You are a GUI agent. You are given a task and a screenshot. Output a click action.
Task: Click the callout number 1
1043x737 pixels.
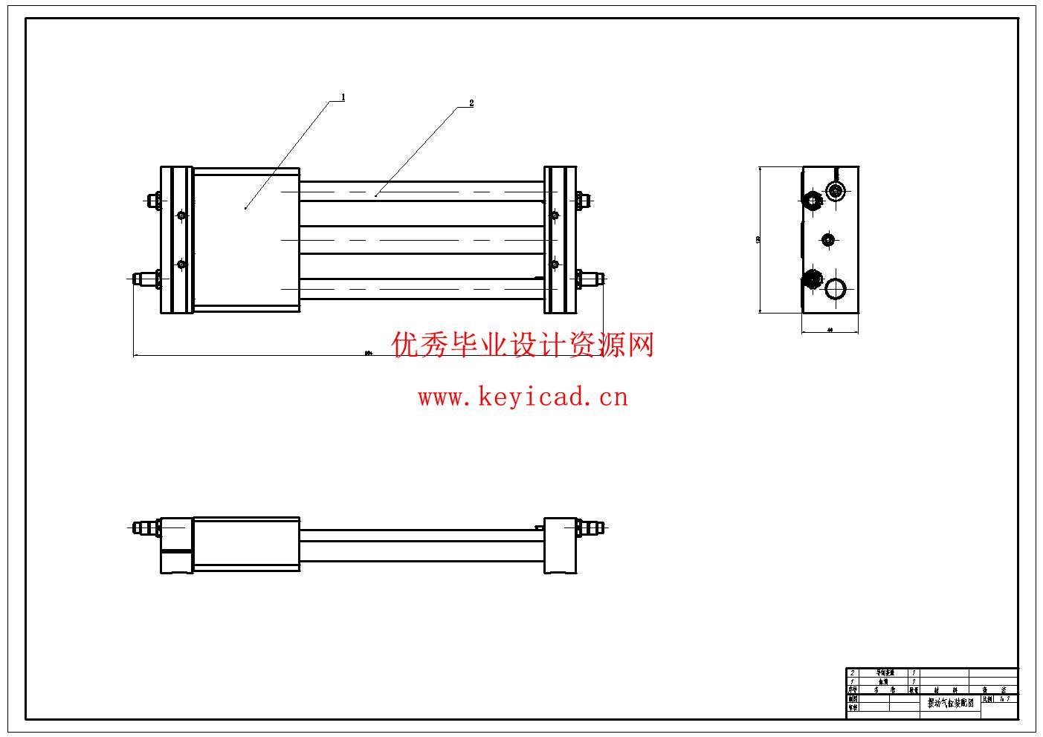click(343, 97)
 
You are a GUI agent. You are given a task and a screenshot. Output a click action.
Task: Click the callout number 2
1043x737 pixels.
click(471, 103)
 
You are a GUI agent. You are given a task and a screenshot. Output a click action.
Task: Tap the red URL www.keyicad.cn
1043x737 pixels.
click(523, 397)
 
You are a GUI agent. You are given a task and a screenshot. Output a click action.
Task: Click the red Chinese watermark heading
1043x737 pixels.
click(523, 345)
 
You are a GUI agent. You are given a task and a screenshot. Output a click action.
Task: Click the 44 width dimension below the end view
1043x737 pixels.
click(830, 328)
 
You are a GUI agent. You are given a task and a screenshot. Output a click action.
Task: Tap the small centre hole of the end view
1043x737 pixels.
click(828, 239)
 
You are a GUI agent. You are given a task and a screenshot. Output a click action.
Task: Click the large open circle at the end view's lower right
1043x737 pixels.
click(836, 288)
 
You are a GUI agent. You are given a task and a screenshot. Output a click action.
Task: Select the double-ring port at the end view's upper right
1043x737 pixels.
click(837, 192)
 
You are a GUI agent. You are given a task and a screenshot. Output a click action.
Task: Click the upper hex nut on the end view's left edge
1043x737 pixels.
click(811, 200)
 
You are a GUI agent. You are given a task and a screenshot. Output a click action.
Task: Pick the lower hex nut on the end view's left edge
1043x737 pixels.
click(811, 280)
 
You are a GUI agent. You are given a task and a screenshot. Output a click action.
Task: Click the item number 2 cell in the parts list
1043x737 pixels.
click(852, 672)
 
